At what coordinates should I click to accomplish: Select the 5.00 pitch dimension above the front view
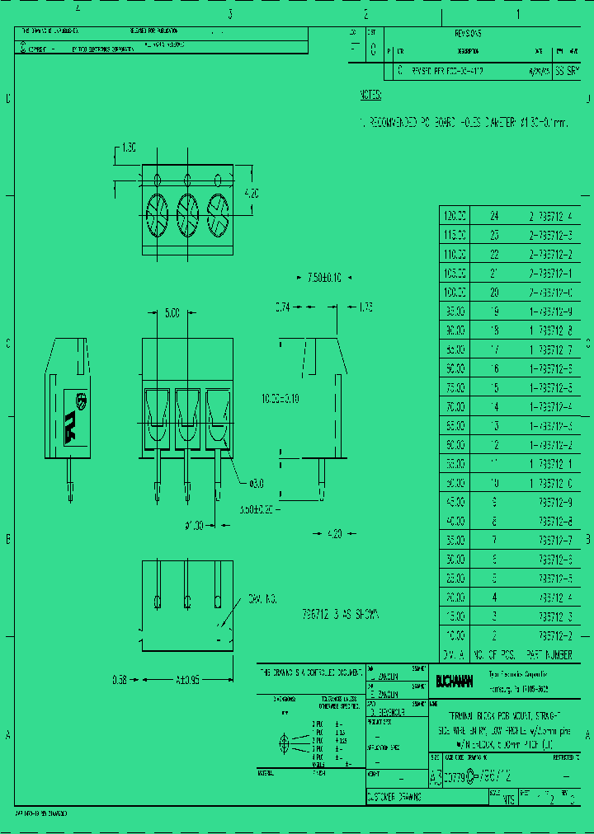pyautogui.click(x=172, y=313)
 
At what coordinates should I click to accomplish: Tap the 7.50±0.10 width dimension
pyautogui.click(x=324, y=277)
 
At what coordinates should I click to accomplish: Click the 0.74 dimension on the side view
pyautogui.click(x=283, y=307)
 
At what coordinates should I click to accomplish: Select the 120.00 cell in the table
pyautogui.click(x=455, y=217)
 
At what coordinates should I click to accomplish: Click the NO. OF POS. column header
pyautogui.click(x=496, y=654)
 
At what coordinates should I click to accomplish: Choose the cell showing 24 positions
pyautogui.click(x=495, y=217)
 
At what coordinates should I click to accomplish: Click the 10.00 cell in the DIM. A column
pyautogui.click(x=455, y=636)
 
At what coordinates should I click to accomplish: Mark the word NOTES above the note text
pyautogui.click(x=370, y=96)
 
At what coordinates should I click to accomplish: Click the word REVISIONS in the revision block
pyautogui.click(x=468, y=34)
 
